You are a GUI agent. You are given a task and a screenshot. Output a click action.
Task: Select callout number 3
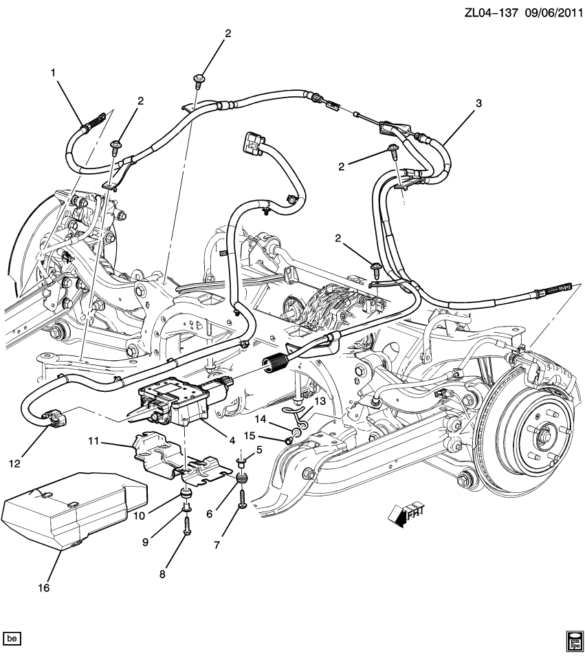478,103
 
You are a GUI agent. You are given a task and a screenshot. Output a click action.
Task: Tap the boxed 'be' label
12,639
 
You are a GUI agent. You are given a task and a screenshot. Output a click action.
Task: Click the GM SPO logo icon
573,639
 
